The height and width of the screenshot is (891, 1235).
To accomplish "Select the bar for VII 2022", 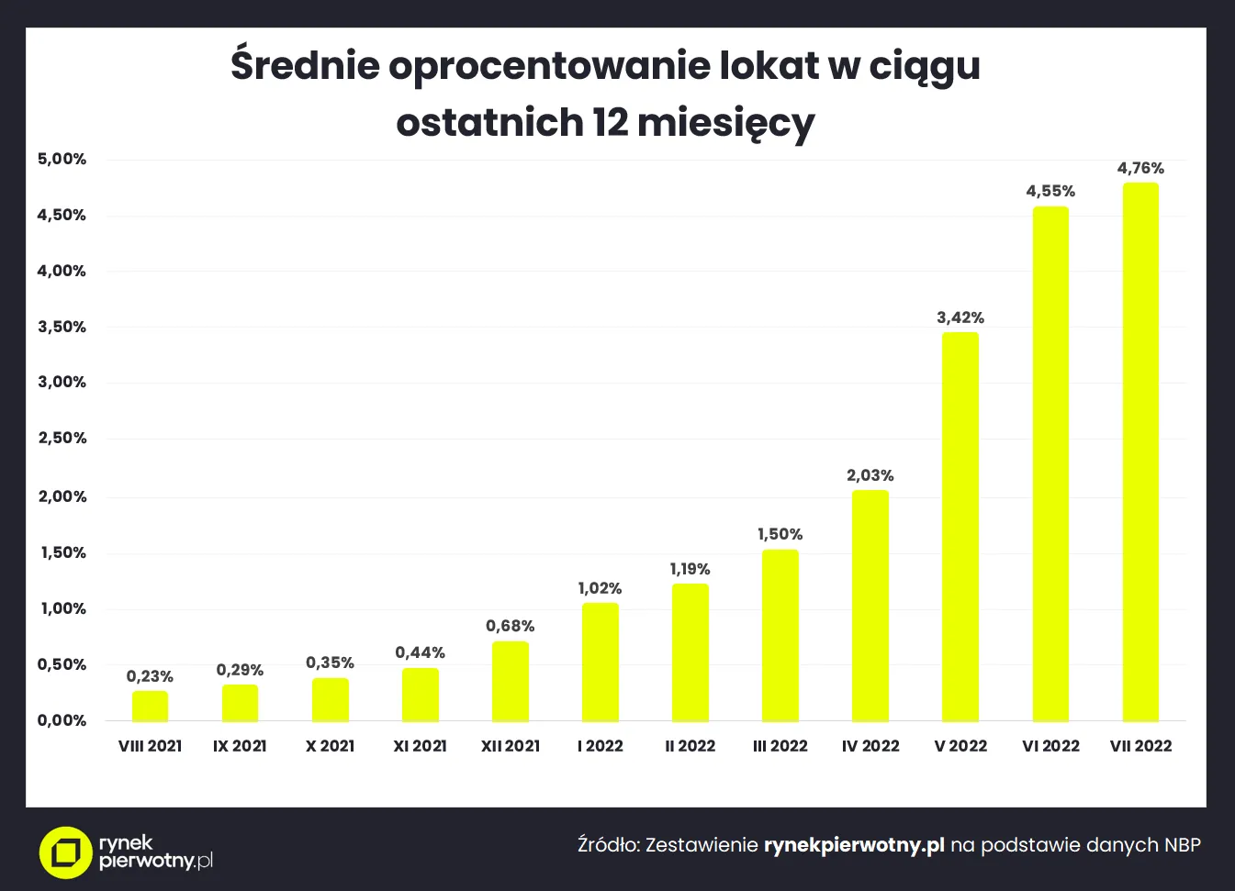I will pyautogui.click(x=1140, y=451).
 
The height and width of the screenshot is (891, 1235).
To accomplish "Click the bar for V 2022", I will pyautogui.click(x=960, y=527).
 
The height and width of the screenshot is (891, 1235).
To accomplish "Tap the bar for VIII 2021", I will pyautogui.click(x=150, y=706).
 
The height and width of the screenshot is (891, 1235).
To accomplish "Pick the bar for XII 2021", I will pyautogui.click(x=511, y=681).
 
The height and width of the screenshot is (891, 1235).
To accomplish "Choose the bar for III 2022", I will pyautogui.click(x=780, y=635).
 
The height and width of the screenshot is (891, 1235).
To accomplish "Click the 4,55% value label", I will pyautogui.click(x=1050, y=191).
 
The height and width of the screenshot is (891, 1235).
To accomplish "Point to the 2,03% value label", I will pyautogui.click(x=870, y=475).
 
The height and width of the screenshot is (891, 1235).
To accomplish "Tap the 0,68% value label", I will pyautogui.click(x=510, y=626).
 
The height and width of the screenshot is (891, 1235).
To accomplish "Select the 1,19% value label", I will pyautogui.click(x=690, y=569).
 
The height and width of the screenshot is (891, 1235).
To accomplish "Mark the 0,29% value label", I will pyautogui.click(x=240, y=670).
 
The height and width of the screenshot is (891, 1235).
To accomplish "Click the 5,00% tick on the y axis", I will pyautogui.click(x=62, y=159).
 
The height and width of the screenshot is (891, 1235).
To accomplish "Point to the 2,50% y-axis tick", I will pyautogui.click(x=62, y=438).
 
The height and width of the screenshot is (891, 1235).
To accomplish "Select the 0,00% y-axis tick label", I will pyautogui.click(x=62, y=720).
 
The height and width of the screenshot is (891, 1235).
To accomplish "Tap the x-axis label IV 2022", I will pyautogui.click(x=870, y=746).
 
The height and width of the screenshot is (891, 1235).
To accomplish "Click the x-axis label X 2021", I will pyautogui.click(x=330, y=746).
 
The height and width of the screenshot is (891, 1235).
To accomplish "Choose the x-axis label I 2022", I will pyautogui.click(x=601, y=746).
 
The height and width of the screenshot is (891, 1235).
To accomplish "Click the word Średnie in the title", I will pyautogui.click(x=304, y=65).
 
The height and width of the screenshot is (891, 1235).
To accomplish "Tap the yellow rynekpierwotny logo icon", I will pyautogui.click(x=65, y=852).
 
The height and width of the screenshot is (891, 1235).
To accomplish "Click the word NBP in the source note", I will pyautogui.click(x=1183, y=844).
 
